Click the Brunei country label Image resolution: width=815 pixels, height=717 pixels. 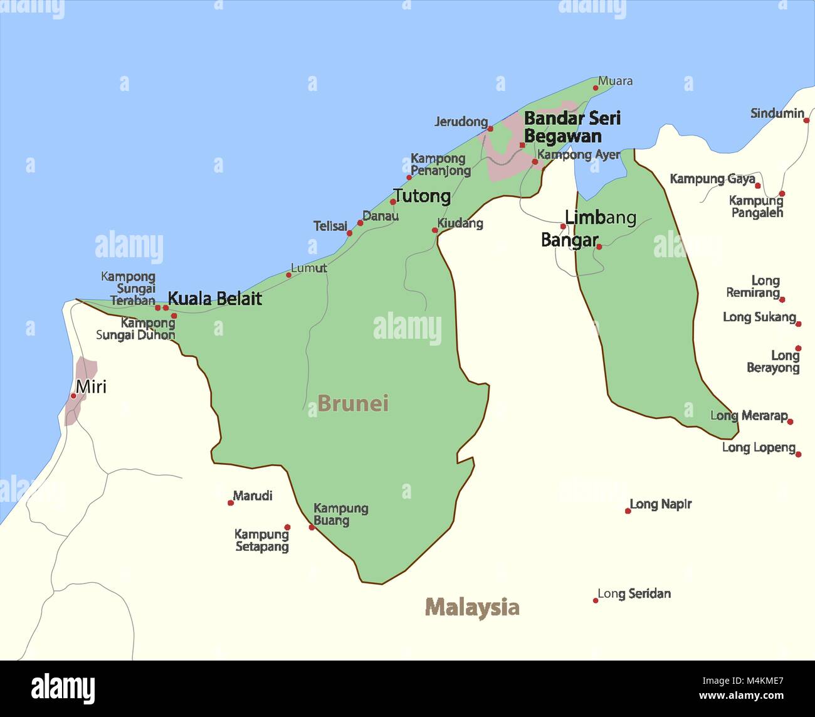pyautogui.click(x=353, y=403)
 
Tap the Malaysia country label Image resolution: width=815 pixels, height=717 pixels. pyautogui.click(x=472, y=607)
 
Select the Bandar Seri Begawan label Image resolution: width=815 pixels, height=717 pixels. pyautogui.click(x=572, y=127)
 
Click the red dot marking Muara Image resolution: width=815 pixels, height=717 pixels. pyautogui.click(x=596, y=87)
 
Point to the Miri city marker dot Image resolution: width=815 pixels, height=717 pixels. pyautogui.click(x=73, y=396)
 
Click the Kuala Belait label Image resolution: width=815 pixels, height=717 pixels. pyautogui.click(x=214, y=299)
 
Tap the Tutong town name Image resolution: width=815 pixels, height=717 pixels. pyautogui.click(x=422, y=196)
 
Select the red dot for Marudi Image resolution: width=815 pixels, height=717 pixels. pyautogui.click(x=231, y=502)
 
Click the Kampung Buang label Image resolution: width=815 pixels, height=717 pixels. pyautogui.click(x=340, y=514)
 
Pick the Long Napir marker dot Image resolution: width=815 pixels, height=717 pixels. pyautogui.click(x=628, y=511)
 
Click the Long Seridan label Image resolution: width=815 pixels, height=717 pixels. pyautogui.click(x=634, y=593)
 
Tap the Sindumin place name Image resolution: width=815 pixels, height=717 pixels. pyautogui.click(x=777, y=114)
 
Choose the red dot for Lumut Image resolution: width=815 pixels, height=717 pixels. pyautogui.click(x=288, y=275)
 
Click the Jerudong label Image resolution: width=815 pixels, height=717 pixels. pyautogui.click(x=461, y=122)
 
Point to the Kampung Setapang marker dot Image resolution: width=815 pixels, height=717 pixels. pyautogui.click(x=287, y=527)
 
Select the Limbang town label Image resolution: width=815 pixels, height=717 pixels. pyautogui.click(x=600, y=218)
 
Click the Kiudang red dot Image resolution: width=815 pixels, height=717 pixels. pyautogui.click(x=434, y=230)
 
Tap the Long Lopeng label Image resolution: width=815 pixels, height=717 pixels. pyautogui.click(x=759, y=447)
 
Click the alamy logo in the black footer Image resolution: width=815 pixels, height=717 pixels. pyautogui.click(x=63, y=689)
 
